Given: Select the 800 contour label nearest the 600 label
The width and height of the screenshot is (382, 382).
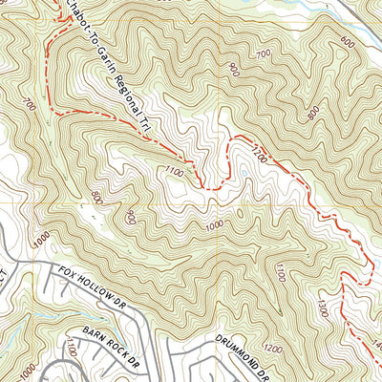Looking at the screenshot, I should pos(313,112).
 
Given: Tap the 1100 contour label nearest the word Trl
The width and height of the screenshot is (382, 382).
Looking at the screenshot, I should pos(173,172).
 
